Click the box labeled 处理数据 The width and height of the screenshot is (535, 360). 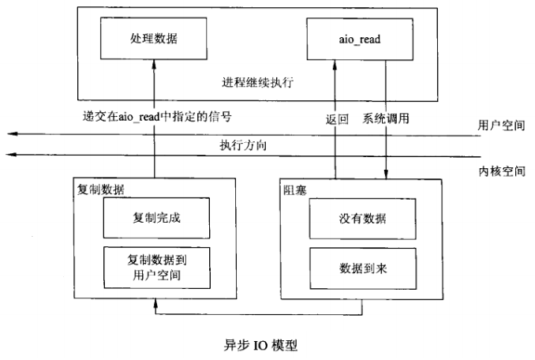(154, 39)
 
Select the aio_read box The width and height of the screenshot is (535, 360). (360, 39)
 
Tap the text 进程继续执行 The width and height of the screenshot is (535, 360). (257, 83)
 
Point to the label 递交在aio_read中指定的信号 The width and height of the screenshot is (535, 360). (157, 117)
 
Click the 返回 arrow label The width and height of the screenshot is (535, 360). (337, 119)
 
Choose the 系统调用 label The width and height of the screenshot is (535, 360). (386, 118)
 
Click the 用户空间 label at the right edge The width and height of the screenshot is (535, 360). (501, 126)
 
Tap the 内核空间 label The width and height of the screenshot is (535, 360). (502, 171)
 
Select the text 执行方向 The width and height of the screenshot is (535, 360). (243, 145)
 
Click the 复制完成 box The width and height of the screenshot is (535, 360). (156, 218)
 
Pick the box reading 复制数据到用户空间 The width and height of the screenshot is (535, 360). (157, 268)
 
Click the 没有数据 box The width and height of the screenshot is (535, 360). (363, 219)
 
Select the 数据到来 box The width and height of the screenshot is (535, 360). (363, 268)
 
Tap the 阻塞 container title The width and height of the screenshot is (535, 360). (295, 190)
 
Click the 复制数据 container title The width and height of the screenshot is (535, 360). (101, 189)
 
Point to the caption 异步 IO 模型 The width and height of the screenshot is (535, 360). (260, 345)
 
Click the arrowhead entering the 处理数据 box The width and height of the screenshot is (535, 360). (154, 64)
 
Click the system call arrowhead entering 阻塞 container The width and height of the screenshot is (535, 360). (386, 174)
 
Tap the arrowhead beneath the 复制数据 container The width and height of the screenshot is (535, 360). (155, 303)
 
